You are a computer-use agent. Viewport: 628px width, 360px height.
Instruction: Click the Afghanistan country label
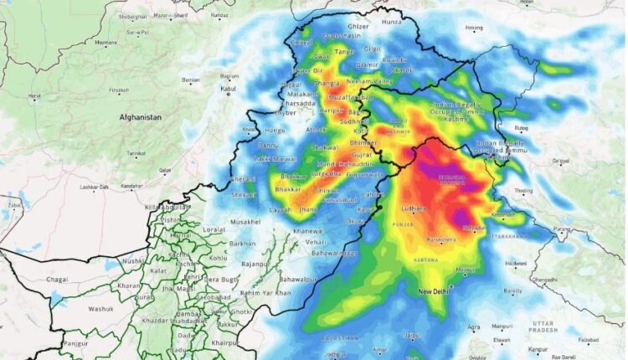click(x=139, y=118)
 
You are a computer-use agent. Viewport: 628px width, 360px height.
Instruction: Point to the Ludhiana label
click(x=414, y=207)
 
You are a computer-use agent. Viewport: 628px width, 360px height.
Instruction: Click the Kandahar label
click(x=131, y=186)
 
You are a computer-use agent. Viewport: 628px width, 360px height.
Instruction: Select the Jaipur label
click(x=411, y=336)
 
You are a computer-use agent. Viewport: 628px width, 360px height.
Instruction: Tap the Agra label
click(x=475, y=327)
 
